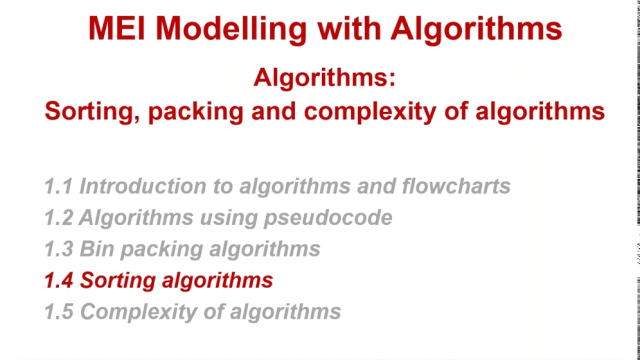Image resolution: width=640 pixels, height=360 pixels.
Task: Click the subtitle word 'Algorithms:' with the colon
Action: pyautogui.click(x=324, y=78)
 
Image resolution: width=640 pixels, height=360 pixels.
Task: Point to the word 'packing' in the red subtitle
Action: pyautogui.click(x=195, y=111)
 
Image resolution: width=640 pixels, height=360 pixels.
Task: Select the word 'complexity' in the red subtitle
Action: pyautogui.click(x=370, y=111)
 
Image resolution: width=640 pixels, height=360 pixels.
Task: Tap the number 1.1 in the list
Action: pyautogui.click(x=58, y=186)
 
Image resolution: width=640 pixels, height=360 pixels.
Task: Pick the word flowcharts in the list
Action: pyautogui.click(x=456, y=186)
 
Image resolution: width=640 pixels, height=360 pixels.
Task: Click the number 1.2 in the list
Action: pyautogui.click(x=58, y=217)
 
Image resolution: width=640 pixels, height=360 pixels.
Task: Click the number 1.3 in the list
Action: pyautogui.click(x=58, y=249)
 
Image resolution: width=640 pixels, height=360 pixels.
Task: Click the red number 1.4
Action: pyautogui.click(x=58, y=280)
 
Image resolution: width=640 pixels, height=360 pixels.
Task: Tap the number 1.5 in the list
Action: pyautogui.click(x=58, y=311)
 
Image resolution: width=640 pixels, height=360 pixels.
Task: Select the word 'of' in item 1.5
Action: pyautogui.click(x=213, y=311)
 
